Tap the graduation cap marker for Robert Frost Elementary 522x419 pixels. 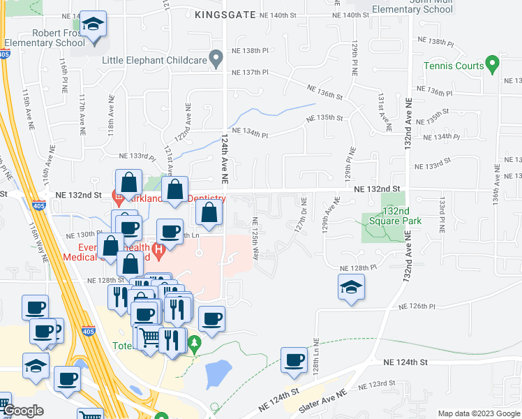[92, 27]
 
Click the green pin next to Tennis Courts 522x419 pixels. [493, 66]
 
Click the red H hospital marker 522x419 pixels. [159, 248]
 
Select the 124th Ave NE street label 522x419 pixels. [225, 159]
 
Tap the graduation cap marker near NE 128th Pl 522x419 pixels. [351, 287]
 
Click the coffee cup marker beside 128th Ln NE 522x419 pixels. [294, 360]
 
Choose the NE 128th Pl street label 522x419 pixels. [358, 268]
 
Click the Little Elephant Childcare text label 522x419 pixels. [155, 60]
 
